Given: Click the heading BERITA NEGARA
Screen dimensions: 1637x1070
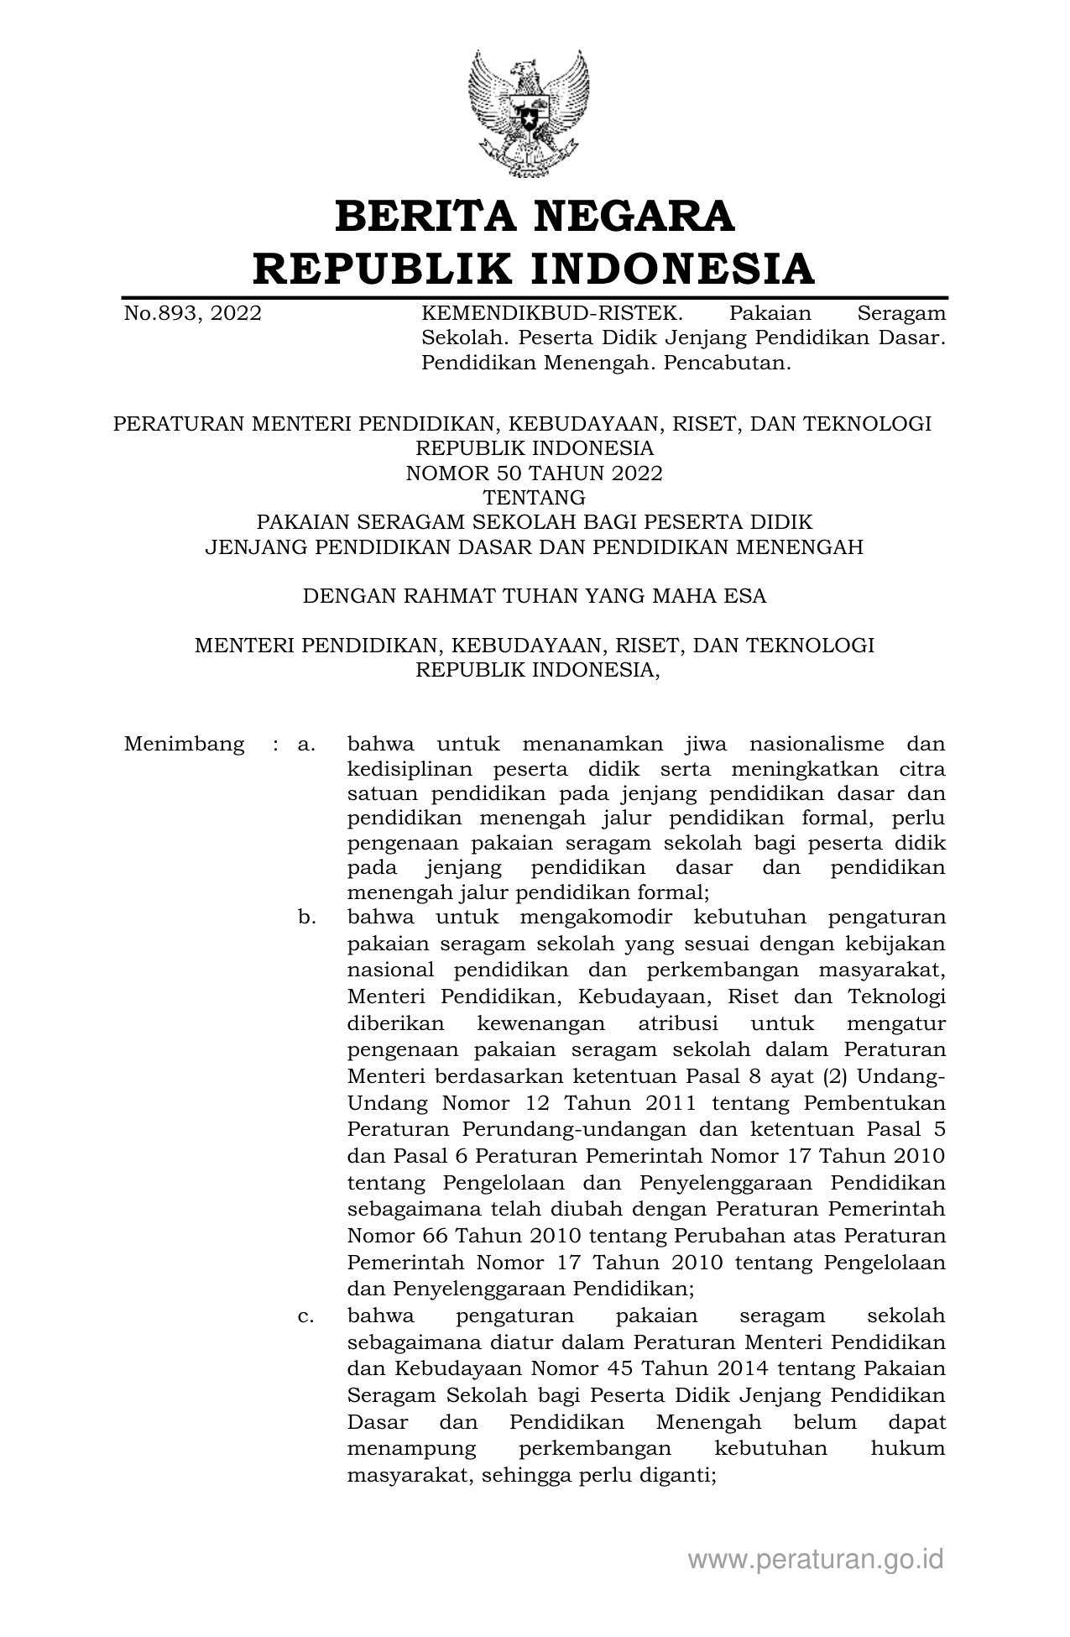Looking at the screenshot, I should (x=535, y=216).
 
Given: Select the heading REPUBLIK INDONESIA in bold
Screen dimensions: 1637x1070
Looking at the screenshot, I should (x=535, y=269).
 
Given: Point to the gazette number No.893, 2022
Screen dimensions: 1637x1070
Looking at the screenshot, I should (x=192, y=314).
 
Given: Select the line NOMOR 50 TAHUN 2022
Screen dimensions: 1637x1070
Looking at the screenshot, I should (x=535, y=473).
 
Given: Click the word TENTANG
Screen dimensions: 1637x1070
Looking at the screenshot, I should (x=535, y=498).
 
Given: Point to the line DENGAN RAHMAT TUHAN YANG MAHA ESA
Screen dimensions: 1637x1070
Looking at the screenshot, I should (x=535, y=596).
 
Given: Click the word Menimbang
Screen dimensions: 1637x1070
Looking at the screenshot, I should (x=184, y=744).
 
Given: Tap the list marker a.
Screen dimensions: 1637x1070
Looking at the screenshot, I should (x=305, y=744).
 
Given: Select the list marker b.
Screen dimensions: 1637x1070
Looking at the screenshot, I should (x=306, y=918).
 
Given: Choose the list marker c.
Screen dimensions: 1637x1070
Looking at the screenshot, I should (x=305, y=1316).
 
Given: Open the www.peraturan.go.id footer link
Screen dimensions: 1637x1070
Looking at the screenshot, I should (x=816, y=1559).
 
